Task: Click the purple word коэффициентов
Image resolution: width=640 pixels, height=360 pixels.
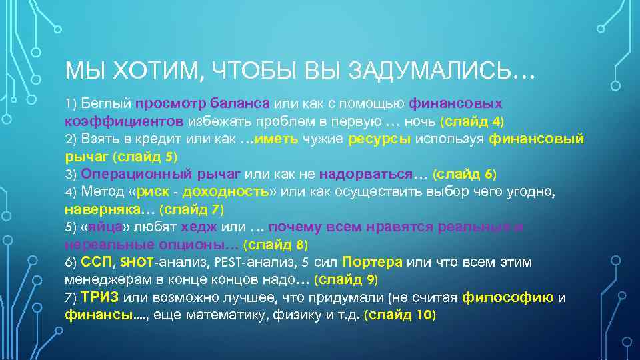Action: [124, 121]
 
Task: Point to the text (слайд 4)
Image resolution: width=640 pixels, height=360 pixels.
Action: [472, 121]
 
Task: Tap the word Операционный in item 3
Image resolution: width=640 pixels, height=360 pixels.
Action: [138, 174]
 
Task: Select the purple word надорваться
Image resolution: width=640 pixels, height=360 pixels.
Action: [365, 174]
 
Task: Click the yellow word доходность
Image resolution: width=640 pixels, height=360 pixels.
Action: [223, 192]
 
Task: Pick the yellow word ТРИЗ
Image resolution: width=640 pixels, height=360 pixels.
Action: [99, 297]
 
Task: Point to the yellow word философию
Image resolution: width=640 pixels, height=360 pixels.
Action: [508, 297]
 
